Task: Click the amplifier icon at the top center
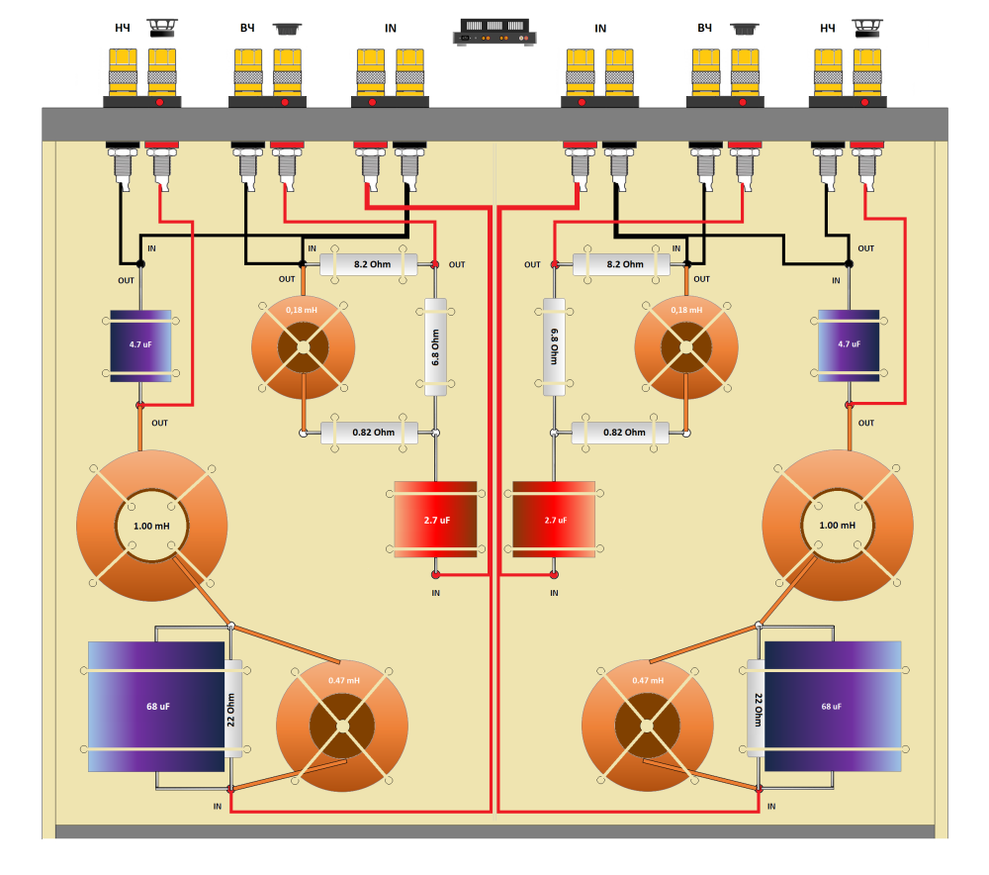coord(494,33)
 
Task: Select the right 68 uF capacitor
coord(833,707)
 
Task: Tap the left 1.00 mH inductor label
coord(152,526)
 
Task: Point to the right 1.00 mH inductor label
coord(838,526)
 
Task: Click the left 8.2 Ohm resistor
coord(368,264)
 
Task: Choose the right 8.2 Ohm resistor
coord(621,264)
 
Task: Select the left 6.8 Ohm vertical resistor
coord(436,346)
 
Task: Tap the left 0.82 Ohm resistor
coord(368,433)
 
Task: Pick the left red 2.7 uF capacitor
coord(435,519)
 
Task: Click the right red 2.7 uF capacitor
coord(554,519)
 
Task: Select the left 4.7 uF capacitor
coord(140,345)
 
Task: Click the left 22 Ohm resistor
coord(233,708)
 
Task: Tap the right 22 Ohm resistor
coord(757,708)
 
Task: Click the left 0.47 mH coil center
coord(341,726)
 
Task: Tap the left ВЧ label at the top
coord(246,28)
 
